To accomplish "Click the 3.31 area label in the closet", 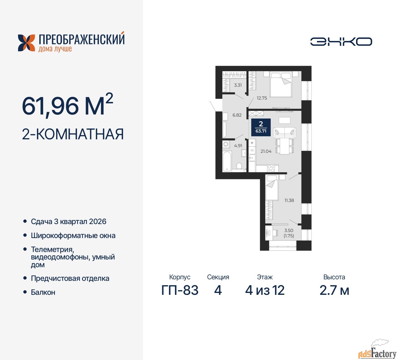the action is pos(238,85).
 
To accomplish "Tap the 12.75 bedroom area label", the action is pos(262,98).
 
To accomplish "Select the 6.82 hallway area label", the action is pos(237,115).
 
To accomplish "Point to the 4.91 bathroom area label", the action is pos(238,146).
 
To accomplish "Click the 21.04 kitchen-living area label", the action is pos(266,151).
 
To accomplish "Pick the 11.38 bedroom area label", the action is pos(289,200).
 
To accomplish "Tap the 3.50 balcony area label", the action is pos(289,231).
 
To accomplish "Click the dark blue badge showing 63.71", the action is pos(261,127).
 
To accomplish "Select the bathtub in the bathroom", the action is pos(227,161).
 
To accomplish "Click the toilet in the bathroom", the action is pos(239,166).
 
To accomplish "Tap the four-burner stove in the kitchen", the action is pos(271,168).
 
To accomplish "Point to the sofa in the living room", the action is pos(285,133).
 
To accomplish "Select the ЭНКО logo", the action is pos(341,42).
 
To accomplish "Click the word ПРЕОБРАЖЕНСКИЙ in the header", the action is pos(82,39).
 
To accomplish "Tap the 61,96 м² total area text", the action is pos(68,105).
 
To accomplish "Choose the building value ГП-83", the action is pos(180,290).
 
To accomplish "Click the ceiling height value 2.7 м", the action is pos(334,290).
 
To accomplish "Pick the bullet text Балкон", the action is pos(43,292).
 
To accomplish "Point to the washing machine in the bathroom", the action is pos(226,144).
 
